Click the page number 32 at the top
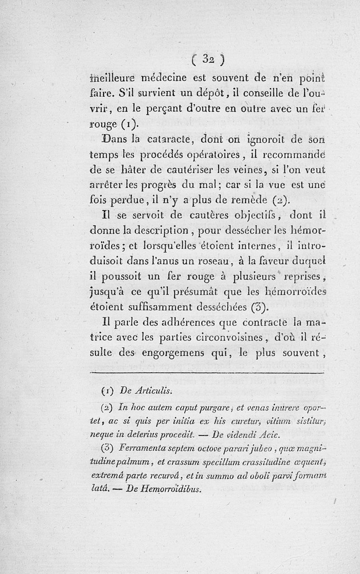point(207,59)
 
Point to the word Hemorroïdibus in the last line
point(168,488)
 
